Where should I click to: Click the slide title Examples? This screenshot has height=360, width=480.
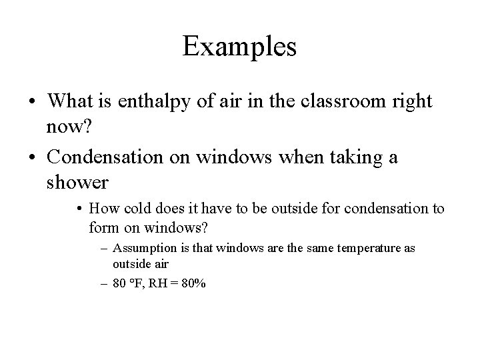pyautogui.click(x=239, y=47)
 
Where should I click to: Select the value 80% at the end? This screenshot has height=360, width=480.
pyautogui.click(x=195, y=283)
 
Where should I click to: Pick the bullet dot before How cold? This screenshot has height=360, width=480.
pyautogui.click(x=79, y=209)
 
